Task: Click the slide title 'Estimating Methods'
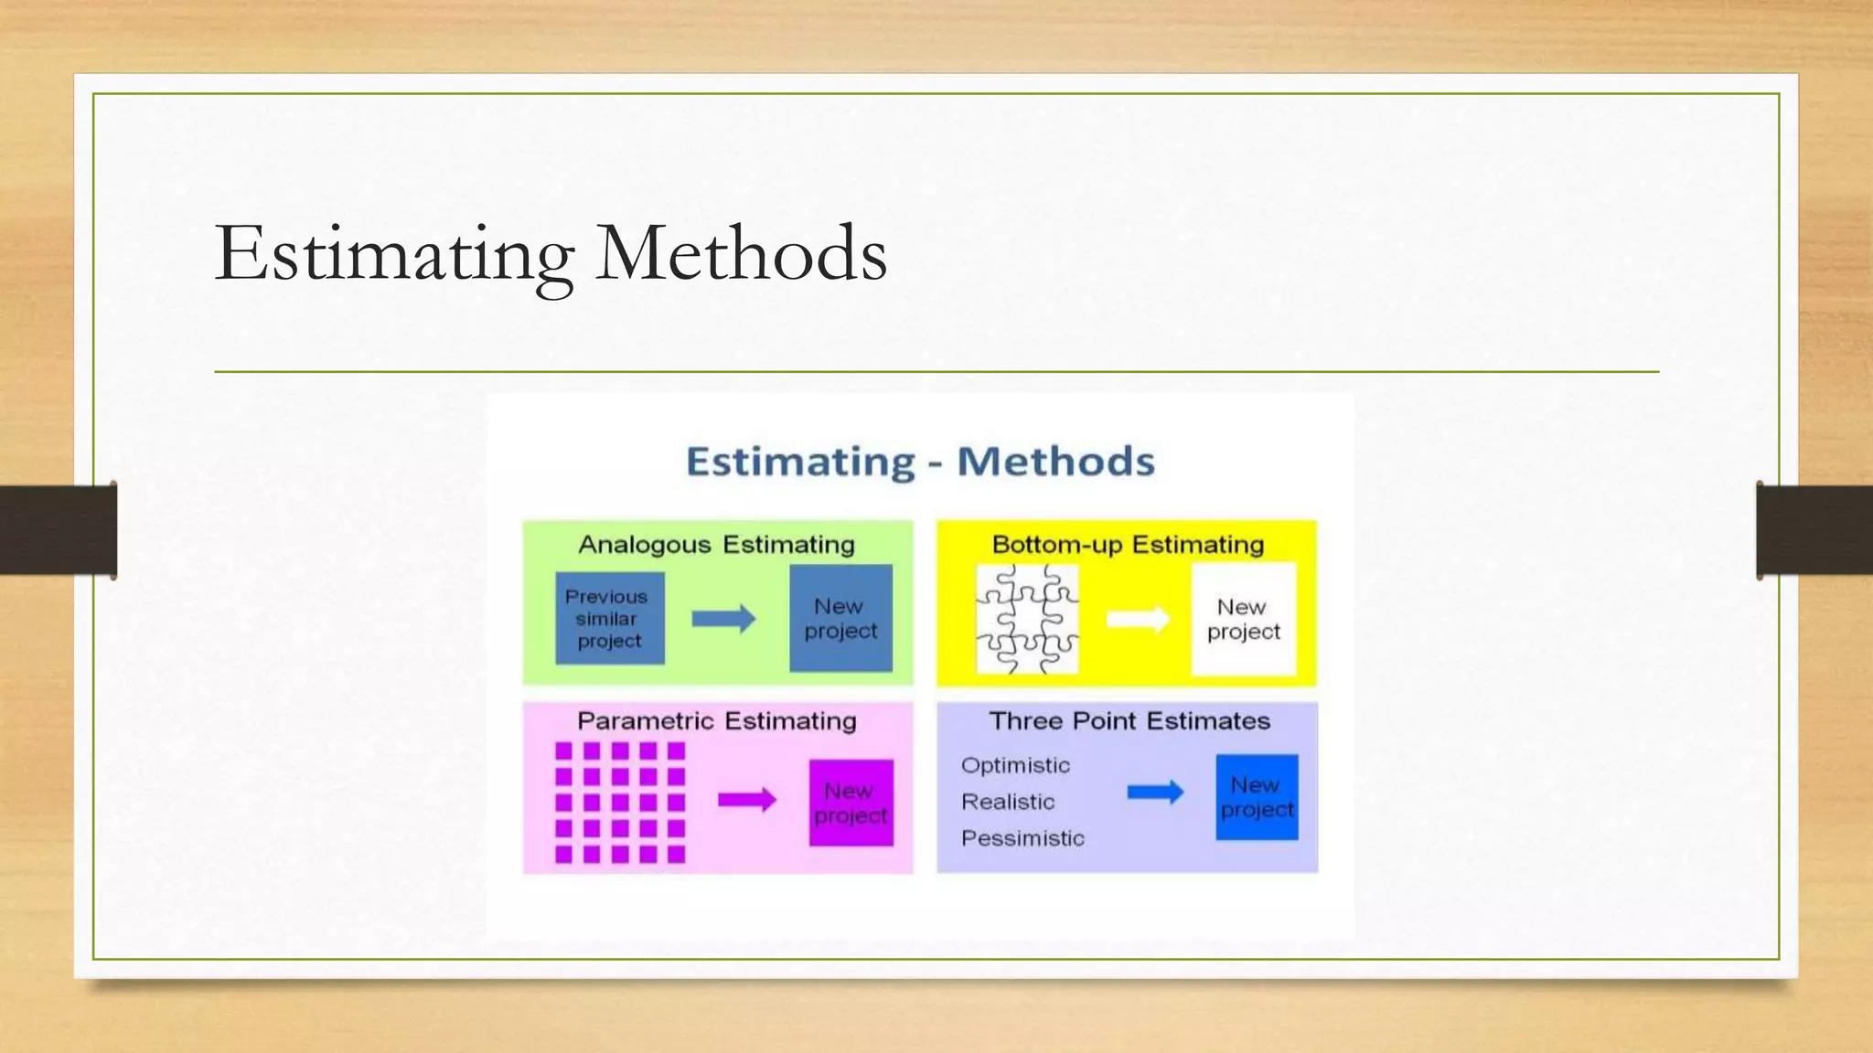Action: [x=551, y=253]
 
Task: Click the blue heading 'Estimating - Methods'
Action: [x=920, y=462]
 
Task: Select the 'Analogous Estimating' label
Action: [x=716, y=545]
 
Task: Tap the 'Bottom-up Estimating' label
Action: [x=1128, y=545]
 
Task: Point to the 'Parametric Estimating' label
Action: [x=717, y=721]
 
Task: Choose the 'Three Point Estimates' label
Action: [x=1129, y=721]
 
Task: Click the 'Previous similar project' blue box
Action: [x=609, y=619]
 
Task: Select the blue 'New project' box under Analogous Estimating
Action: [x=840, y=619]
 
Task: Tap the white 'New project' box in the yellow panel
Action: [x=1244, y=620]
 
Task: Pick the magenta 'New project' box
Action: [x=851, y=803]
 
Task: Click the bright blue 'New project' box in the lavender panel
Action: [x=1257, y=797]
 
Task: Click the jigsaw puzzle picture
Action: [x=1027, y=619]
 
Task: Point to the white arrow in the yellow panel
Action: [x=1138, y=619]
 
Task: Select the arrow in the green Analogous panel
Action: [x=723, y=619]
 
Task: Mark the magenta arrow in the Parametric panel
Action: [x=746, y=801]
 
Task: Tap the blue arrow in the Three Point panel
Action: [x=1155, y=792]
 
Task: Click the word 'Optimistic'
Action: [x=1015, y=766]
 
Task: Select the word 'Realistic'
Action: [x=1008, y=803]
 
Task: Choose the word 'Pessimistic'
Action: [x=1022, y=839]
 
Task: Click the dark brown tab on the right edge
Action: [x=1814, y=530]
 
